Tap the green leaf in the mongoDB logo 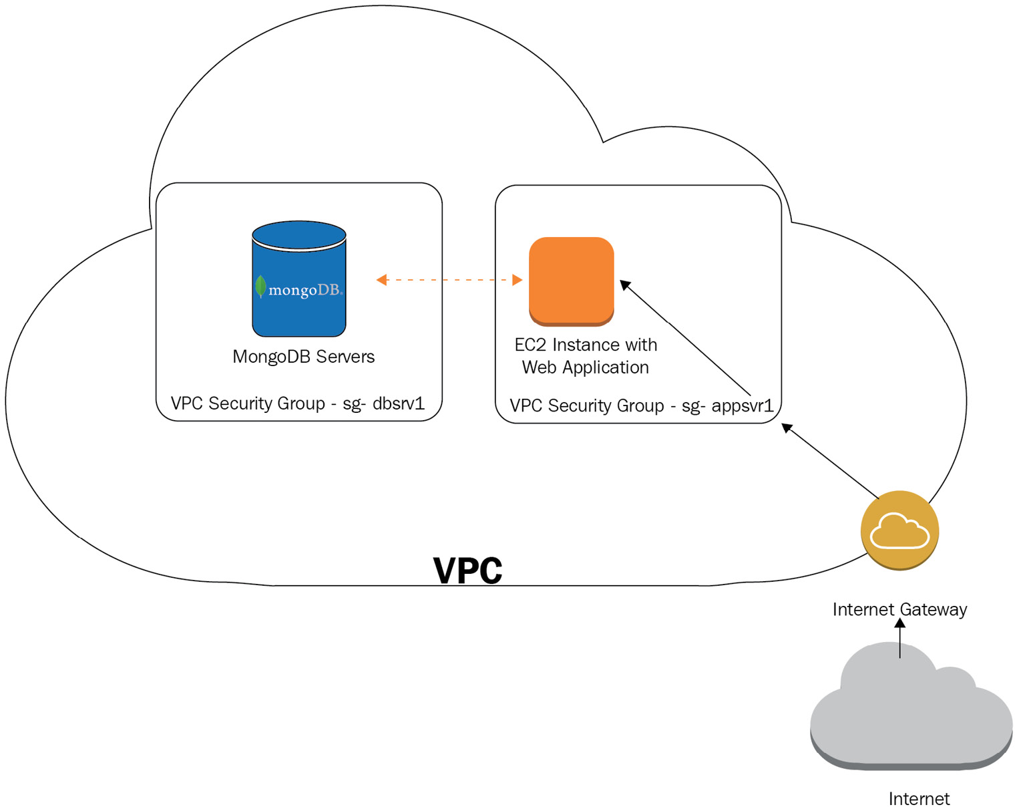[260, 287]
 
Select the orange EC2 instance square [571, 281]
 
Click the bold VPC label [467, 571]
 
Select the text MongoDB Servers [303, 357]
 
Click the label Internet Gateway [899, 609]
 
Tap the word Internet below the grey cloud [919, 798]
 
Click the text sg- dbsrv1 [383, 403]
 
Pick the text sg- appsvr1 [727, 406]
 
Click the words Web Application [585, 367]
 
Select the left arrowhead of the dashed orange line [381, 280]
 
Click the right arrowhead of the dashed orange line [517, 280]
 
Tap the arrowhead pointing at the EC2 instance [625, 285]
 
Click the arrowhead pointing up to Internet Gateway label [899, 623]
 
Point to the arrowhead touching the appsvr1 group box [787, 428]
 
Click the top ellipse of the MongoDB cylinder [298, 234]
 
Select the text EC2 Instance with [585, 345]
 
